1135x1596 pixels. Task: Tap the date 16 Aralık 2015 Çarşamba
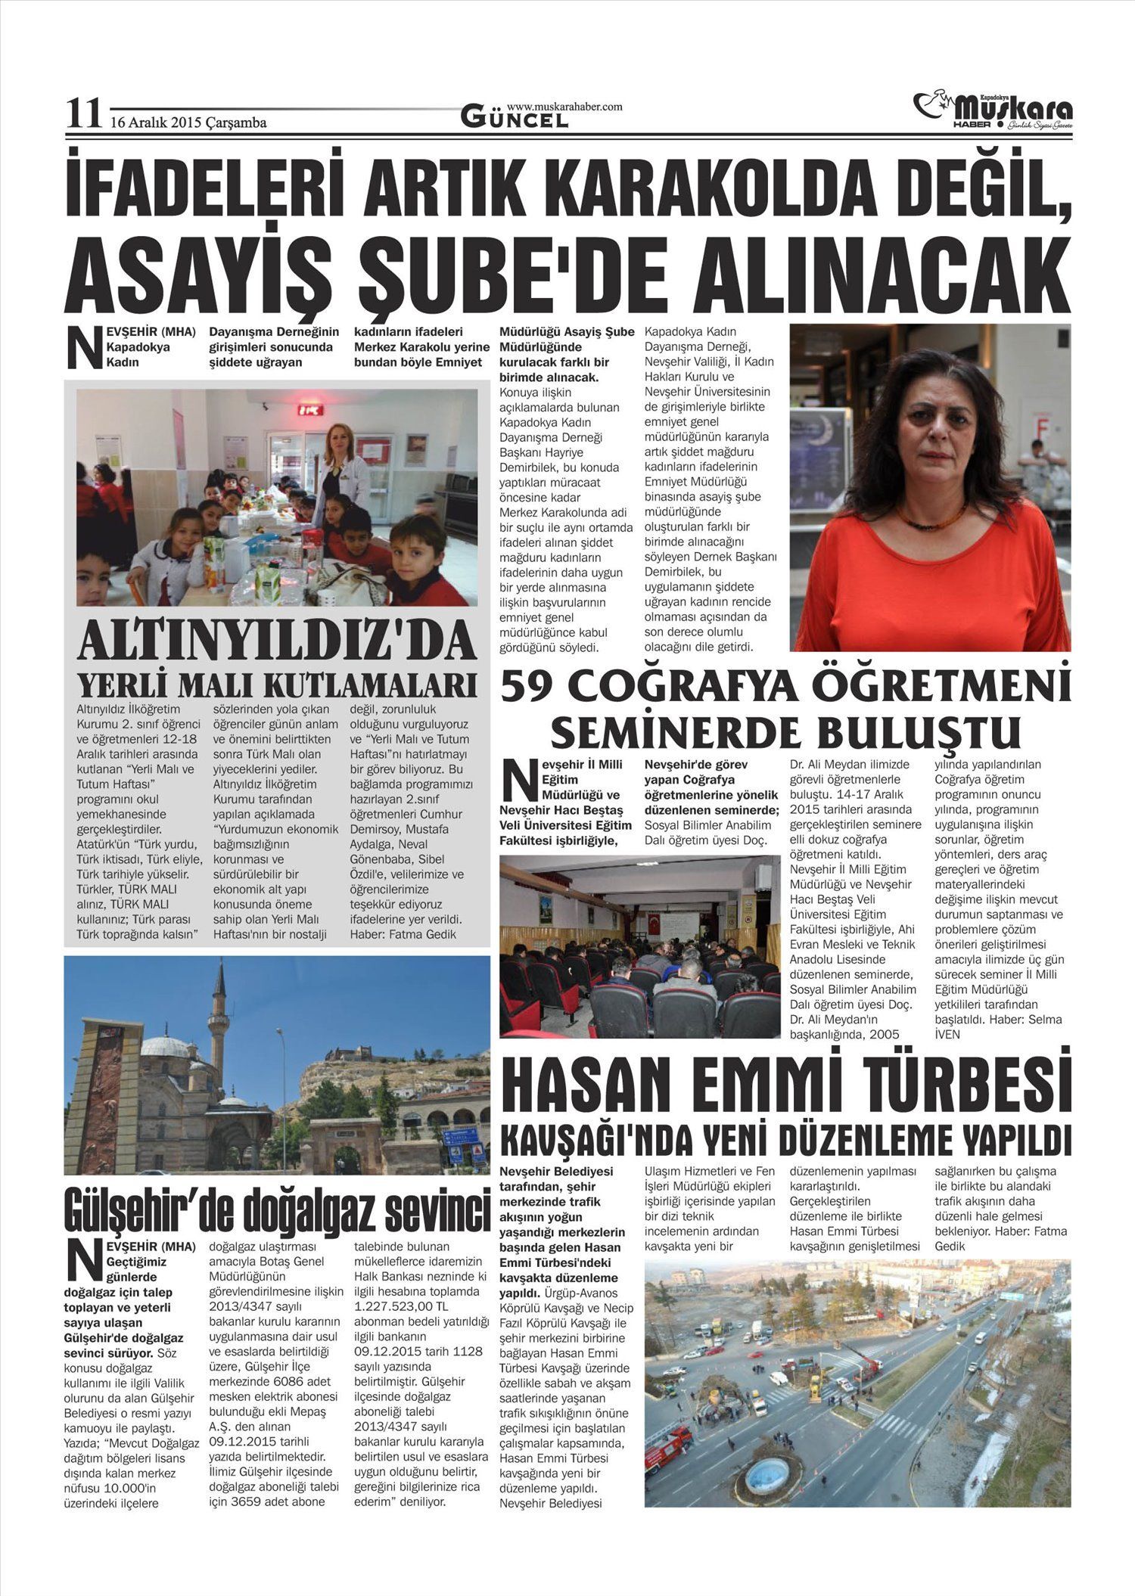pos(188,122)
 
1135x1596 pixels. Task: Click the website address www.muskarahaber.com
pos(564,107)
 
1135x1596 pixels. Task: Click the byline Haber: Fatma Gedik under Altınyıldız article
pos(403,934)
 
